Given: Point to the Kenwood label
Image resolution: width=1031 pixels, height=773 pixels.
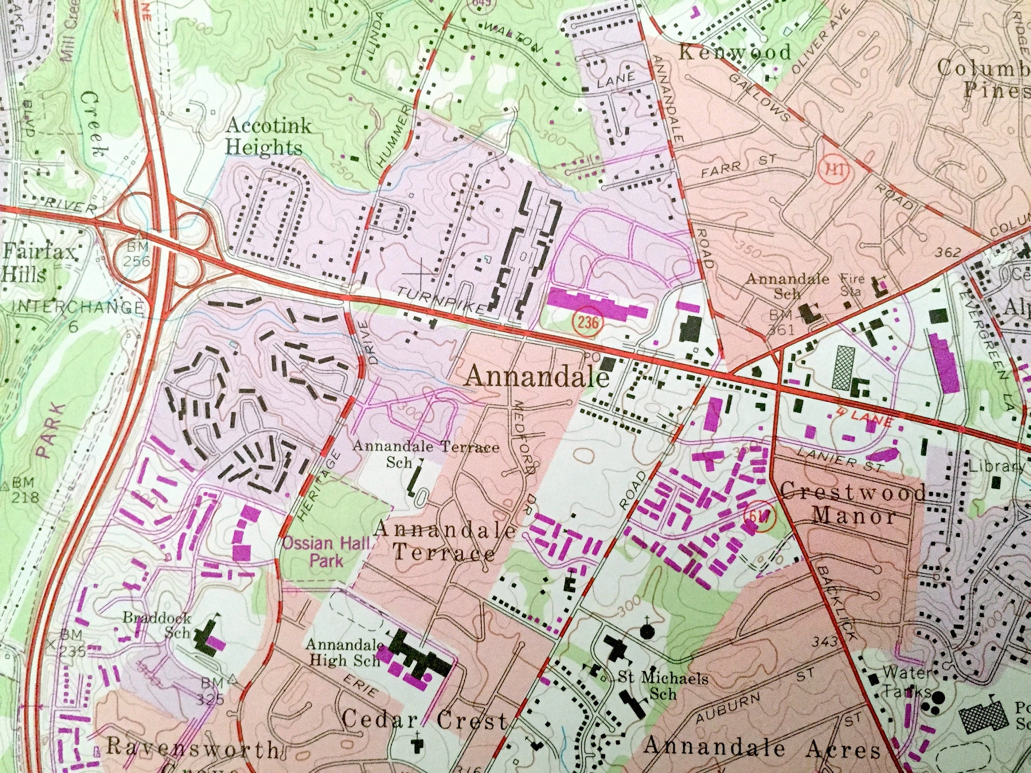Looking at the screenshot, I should (734, 52).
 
